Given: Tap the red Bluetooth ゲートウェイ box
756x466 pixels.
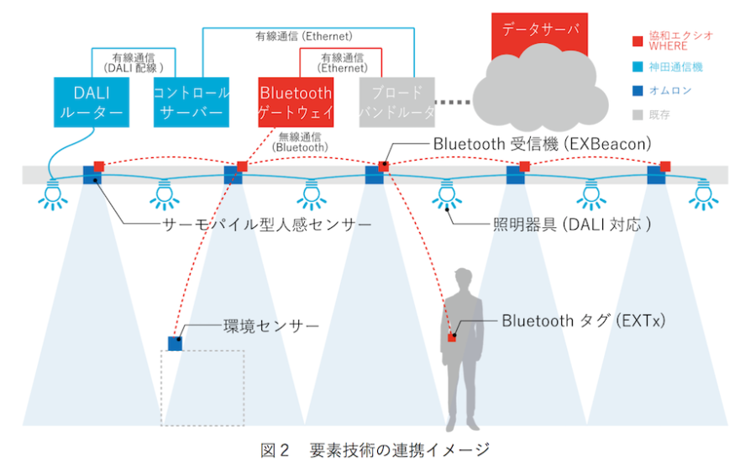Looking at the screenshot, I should pos(296,102).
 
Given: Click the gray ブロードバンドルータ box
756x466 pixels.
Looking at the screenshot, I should pos(396,102).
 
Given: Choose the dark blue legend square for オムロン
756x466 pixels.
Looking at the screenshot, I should pos(638,88).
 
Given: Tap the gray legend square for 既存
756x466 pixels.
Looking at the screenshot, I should pos(638,112).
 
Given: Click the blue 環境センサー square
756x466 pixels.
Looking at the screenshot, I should pos(175,343).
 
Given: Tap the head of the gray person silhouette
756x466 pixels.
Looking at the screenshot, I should pos(463,283).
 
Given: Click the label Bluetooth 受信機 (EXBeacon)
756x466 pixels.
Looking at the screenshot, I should pos(542,144).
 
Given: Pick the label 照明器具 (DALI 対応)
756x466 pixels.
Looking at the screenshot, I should pos(572,225).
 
